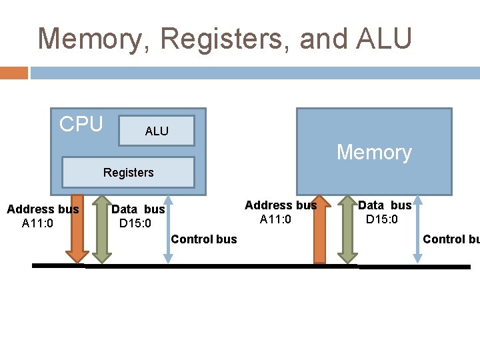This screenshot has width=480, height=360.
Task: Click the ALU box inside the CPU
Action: click(157, 131)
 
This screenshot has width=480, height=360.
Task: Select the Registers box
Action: click(128, 173)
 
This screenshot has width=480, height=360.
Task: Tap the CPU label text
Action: click(81, 124)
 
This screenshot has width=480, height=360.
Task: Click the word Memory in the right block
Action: click(374, 153)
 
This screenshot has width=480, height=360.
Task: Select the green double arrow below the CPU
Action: click(101, 228)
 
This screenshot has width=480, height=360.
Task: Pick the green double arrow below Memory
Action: click(348, 229)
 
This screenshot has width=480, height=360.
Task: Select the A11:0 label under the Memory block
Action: click(275, 219)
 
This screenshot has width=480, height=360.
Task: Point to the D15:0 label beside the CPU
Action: click(135, 223)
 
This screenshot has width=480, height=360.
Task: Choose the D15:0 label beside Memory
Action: click(382, 219)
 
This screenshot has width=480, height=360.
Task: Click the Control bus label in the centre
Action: click(204, 239)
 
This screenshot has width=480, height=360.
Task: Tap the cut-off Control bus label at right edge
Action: click(451, 239)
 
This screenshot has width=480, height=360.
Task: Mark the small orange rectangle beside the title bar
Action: click(13, 73)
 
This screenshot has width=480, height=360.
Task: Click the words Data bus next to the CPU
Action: click(138, 209)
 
